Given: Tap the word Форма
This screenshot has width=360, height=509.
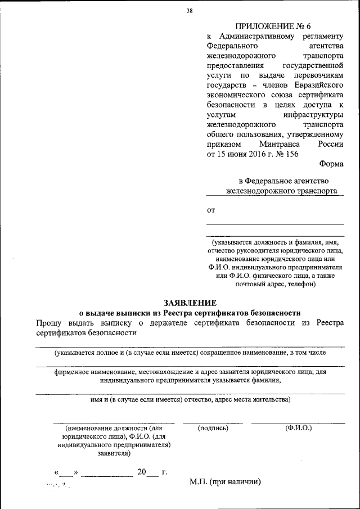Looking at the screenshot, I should pyautogui.click(x=331, y=164).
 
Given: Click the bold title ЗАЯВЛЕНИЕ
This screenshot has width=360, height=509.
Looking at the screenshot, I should pyautogui.click(x=190, y=303).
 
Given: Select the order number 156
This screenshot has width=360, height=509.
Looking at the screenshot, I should pyautogui.click(x=289, y=154).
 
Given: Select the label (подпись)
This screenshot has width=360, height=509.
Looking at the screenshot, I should pyautogui.click(x=213, y=428).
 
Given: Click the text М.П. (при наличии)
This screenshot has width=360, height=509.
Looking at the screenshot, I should pyautogui.click(x=225, y=482).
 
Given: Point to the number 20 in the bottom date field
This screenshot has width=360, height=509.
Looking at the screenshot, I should pyautogui.click(x=141, y=472).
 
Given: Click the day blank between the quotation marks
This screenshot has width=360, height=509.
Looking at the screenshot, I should pyautogui.click(x=66, y=474).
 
